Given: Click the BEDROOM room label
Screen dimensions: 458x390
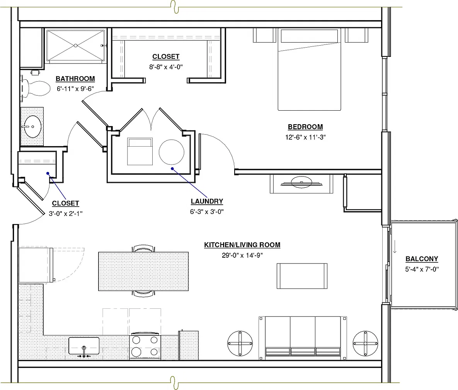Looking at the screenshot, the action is tap(305, 127).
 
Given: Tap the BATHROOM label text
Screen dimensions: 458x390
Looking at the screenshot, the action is tap(75, 79).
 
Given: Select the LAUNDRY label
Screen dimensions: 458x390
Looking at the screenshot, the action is tap(207, 202).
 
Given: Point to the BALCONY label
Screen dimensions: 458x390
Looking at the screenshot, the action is tap(422, 259).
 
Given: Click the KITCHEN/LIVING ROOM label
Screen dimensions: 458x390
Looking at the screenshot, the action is tap(242, 245).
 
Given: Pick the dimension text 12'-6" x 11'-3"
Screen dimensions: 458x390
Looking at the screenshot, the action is tap(305, 137).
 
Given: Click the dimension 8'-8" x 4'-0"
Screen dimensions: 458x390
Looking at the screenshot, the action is tap(166, 67).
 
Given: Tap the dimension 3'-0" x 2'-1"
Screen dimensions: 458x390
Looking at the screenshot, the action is tap(65, 214).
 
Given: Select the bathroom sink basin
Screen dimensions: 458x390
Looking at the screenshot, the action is tap(32, 127).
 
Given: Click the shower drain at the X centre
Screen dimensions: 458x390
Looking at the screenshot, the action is tap(75, 46).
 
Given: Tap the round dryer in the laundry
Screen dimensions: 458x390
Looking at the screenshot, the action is tap(172, 152).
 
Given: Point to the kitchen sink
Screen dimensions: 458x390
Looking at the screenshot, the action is tap(84, 346).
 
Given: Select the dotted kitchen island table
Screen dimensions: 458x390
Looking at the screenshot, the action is tap(143, 271).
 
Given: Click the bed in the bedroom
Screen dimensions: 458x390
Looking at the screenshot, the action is tap(309, 69).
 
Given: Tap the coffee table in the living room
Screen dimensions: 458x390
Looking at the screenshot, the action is tap(302, 276).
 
